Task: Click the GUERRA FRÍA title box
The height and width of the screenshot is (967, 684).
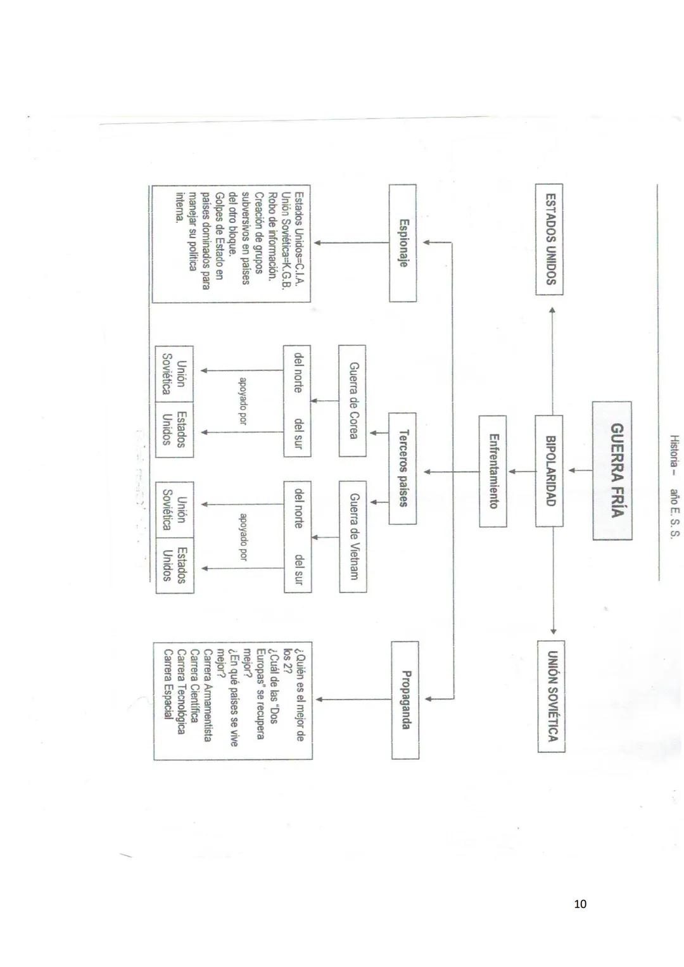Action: coord(612,470)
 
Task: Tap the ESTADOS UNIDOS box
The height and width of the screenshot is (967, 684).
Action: coord(548,239)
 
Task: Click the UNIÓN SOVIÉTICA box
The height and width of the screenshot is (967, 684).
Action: coord(551,695)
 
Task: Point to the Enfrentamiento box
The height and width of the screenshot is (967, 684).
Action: coord(493,471)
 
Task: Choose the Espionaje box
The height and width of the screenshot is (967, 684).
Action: coord(402,243)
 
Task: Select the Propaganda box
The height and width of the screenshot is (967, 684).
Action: coord(405,699)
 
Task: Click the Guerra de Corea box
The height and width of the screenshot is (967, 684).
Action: coord(352,400)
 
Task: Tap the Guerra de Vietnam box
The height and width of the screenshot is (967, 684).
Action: coord(353,536)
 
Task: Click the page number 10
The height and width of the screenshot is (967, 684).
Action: coord(579,904)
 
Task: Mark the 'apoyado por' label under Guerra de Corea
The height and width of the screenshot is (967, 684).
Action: coord(243,400)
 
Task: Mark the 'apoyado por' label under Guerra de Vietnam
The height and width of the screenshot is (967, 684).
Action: coord(243,537)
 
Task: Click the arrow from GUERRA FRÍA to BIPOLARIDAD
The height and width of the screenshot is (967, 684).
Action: coord(579,470)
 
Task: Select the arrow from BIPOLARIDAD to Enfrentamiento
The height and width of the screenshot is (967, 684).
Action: coord(521,471)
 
